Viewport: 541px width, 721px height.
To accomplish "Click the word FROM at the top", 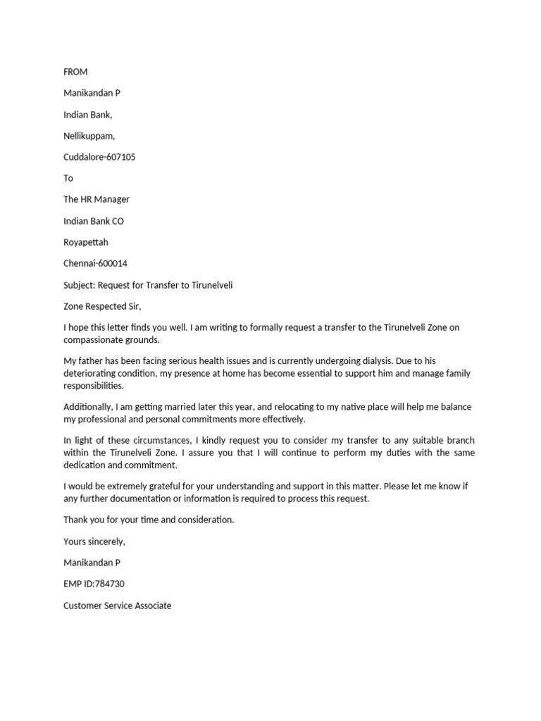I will coord(75,72).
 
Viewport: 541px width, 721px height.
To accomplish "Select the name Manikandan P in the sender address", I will coord(92,93).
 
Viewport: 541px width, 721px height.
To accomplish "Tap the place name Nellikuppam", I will coord(89,136).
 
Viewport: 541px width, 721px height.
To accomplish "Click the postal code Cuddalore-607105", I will coord(99,157).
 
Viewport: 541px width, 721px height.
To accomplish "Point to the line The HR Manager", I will coord(97,199).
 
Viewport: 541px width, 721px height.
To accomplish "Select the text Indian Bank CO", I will coord(94,221).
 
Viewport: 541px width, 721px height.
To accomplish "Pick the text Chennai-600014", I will coord(95,263).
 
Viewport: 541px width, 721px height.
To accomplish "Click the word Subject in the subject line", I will coord(79,285).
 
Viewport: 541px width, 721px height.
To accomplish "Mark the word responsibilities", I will coord(94,386).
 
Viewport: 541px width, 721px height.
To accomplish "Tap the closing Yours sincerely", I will coord(94,541).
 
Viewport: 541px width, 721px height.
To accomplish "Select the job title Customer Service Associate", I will coord(117,605).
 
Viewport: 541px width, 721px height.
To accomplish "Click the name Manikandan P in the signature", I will coord(92,563).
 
